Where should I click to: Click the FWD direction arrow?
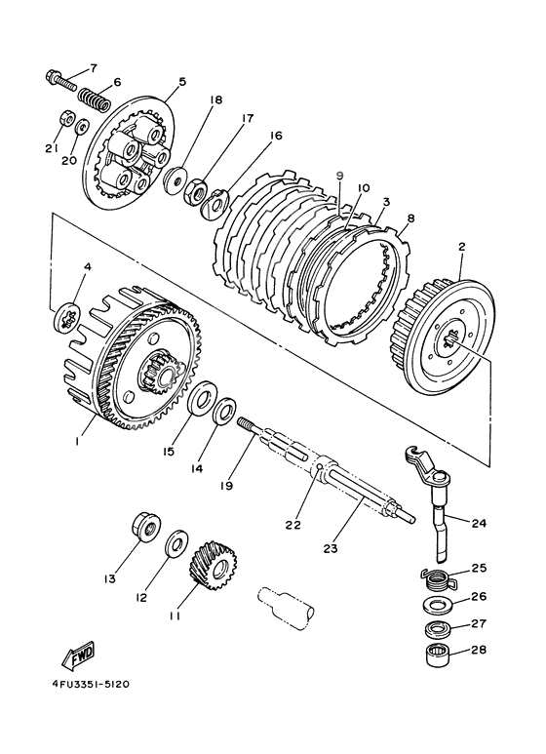(78, 655)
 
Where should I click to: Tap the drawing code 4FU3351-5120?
(91, 685)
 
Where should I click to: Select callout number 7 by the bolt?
(93, 67)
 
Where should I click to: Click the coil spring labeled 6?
(95, 98)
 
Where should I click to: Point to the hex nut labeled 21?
(65, 117)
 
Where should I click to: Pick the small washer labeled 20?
(83, 126)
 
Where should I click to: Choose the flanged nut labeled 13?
(146, 527)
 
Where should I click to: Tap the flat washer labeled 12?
(176, 545)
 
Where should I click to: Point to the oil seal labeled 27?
(438, 627)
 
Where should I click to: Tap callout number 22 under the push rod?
(292, 525)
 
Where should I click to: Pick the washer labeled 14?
(224, 411)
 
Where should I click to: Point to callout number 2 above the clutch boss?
(462, 247)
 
